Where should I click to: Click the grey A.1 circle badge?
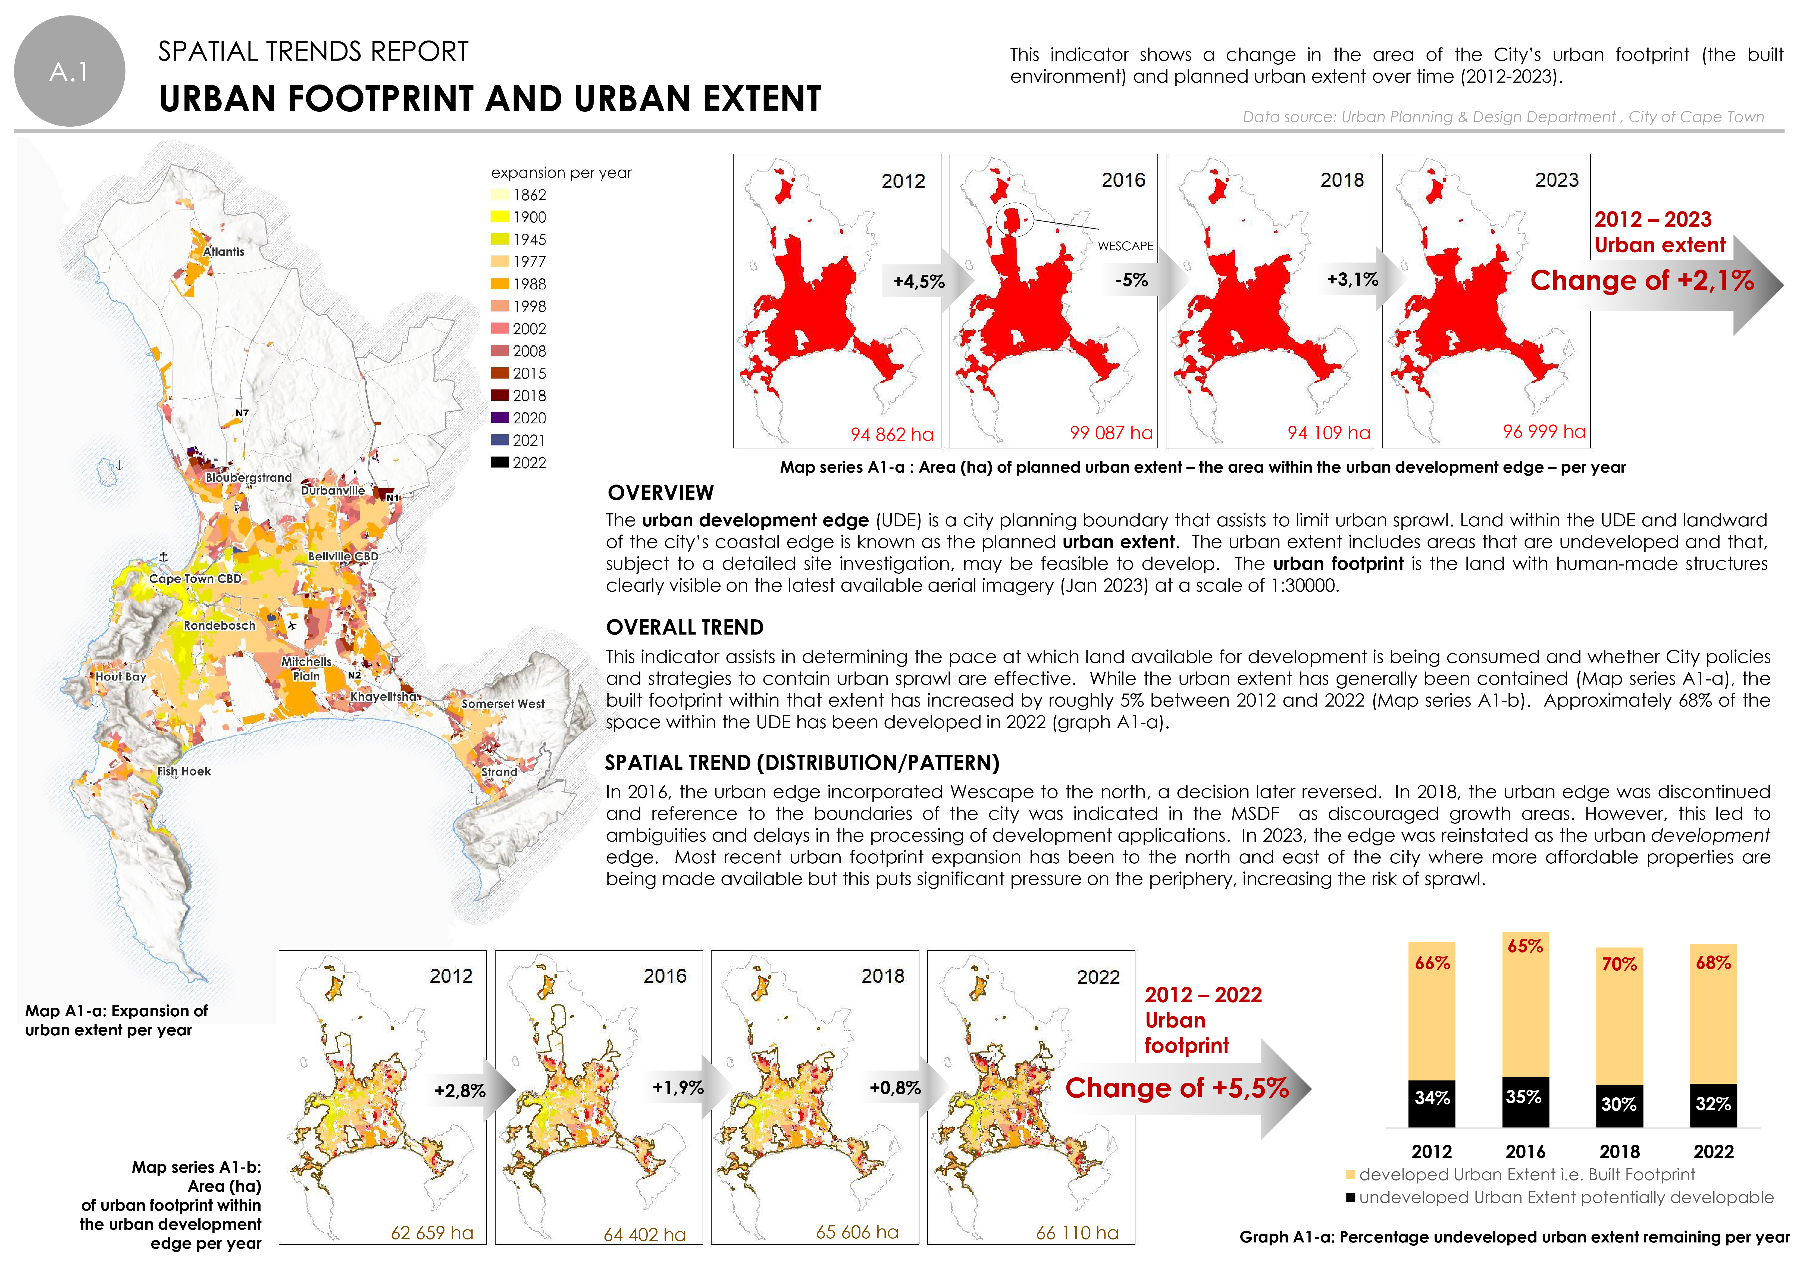[70, 71]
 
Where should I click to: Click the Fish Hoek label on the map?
[184, 771]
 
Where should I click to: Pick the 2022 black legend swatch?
[500, 463]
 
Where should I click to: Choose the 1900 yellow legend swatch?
[500, 217]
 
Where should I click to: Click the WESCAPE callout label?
[1125, 246]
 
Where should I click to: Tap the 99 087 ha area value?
[1112, 433]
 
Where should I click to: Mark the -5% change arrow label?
[1132, 280]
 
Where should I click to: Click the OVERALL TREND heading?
[685, 628]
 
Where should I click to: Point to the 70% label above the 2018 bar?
[1619, 964]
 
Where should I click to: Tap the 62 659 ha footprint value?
[432, 1233]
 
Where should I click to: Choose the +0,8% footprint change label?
[895, 1088]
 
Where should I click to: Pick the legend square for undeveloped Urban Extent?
[1350, 1198]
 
